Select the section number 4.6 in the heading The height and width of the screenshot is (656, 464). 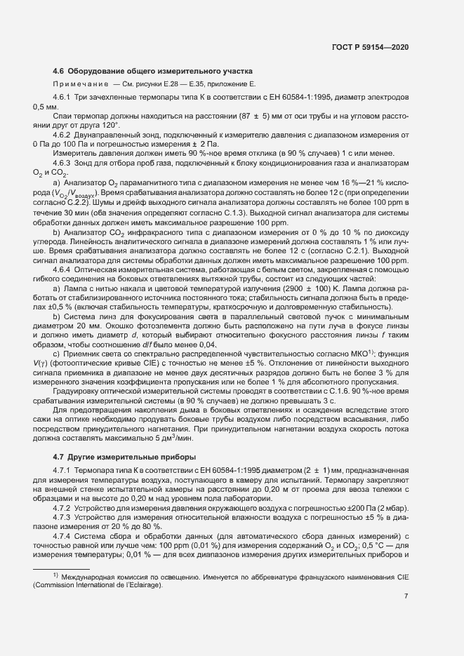(x=59, y=71)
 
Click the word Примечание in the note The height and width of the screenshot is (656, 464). (x=74, y=83)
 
